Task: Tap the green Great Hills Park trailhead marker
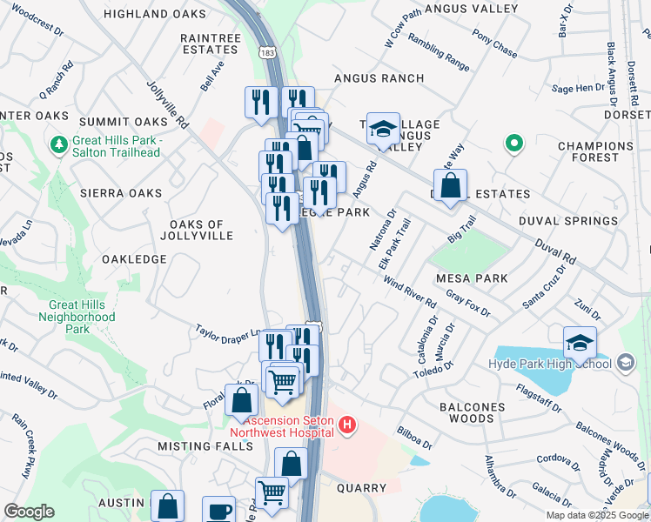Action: pyautogui.click(x=59, y=143)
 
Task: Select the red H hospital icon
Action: pyautogui.click(x=347, y=425)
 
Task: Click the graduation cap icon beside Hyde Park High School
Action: pyautogui.click(x=580, y=343)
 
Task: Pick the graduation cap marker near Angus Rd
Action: pyautogui.click(x=382, y=130)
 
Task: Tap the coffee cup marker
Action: pyautogui.click(x=218, y=510)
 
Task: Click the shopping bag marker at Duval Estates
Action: pyautogui.click(x=450, y=185)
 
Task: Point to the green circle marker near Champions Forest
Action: pyautogui.click(x=514, y=144)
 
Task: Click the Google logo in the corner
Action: pyautogui.click(x=29, y=512)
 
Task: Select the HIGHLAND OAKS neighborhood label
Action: pyautogui.click(x=155, y=14)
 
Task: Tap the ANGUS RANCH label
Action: pyautogui.click(x=379, y=78)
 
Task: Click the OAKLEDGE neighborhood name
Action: pyautogui.click(x=133, y=259)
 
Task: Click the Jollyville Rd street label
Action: pyautogui.click(x=168, y=104)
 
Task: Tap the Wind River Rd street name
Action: pyautogui.click(x=409, y=291)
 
